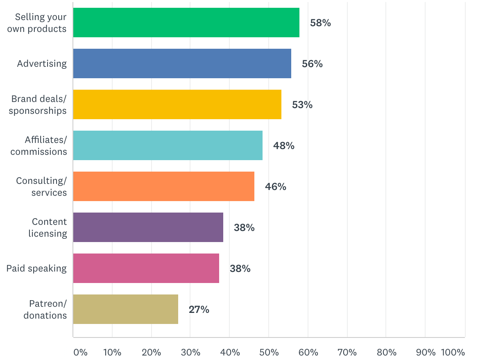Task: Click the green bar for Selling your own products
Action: [186, 23]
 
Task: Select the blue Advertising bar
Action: [182, 63]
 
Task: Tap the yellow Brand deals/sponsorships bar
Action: [177, 104]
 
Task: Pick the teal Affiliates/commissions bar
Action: [168, 145]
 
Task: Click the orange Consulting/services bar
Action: [163, 186]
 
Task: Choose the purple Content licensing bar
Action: [148, 227]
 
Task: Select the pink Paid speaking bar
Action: [146, 268]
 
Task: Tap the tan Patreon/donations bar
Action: [125, 309]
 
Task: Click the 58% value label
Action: [320, 23]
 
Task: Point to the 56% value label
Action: [312, 64]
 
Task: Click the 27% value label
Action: [199, 310]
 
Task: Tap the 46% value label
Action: [276, 187]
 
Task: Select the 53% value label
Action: [302, 105]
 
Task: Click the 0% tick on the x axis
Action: [80, 353]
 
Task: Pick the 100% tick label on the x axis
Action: [453, 353]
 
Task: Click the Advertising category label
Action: [42, 63]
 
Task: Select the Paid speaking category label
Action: [36, 268]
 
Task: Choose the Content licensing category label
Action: [48, 227]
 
